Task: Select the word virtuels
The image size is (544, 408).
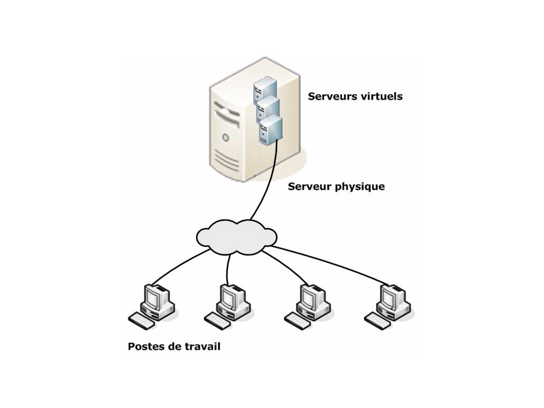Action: (x=381, y=97)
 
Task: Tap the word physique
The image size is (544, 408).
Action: (x=359, y=187)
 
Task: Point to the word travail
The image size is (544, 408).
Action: (x=203, y=347)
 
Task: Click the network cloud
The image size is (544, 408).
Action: (x=236, y=235)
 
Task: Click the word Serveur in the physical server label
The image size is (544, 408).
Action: (x=309, y=187)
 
